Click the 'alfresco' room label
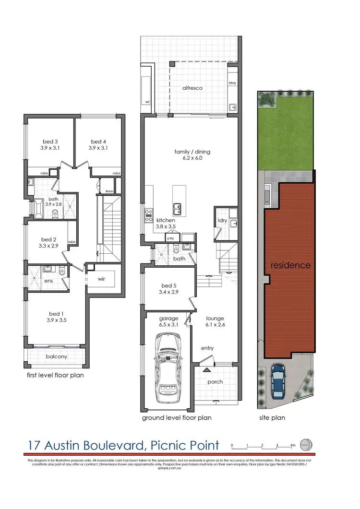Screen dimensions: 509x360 click(x=192, y=88)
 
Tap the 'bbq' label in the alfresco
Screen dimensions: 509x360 click(x=232, y=83)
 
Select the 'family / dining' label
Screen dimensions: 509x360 click(x=192, y=152)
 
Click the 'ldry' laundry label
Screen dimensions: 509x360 click(x=222, y=220)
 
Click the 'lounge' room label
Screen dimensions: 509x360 click(x=215, y=318)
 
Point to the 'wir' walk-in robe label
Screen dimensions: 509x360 click(x=101, y=279)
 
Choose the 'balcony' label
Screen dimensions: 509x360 click(x=56, y=356)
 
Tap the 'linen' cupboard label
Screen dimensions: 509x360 click(x=109, y=191)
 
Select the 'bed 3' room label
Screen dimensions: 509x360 click(x=50, y=142)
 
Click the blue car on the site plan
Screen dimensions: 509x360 click(x=278, y=382)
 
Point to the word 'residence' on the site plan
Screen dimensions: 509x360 click(x=290, y=265)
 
